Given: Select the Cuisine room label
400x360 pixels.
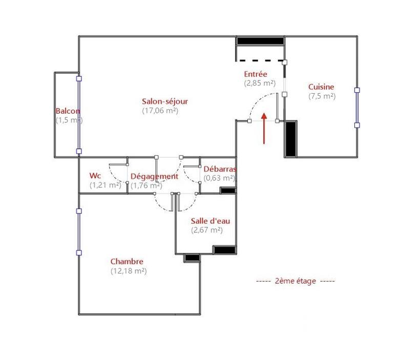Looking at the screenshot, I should tap(321, 87).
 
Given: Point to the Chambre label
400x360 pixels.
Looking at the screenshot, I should tap(127, 262).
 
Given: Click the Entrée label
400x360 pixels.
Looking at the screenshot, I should tap(256, 74).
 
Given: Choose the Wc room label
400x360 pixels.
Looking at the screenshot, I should tap(95, 176).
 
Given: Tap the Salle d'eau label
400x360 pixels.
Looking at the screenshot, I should tap(210, 221).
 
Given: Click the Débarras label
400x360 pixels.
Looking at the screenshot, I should tap(219, 169).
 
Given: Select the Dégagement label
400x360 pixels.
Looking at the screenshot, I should tap(154, 176).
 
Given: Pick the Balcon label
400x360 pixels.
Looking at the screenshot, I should tap(68, 111).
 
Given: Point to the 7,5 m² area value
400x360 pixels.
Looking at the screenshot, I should tap(322, 96).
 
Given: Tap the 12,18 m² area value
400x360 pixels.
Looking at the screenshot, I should tap(128, 271).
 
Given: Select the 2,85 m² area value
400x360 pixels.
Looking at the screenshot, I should tap(260, 82).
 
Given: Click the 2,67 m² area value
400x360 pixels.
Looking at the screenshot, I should tap(207, 230).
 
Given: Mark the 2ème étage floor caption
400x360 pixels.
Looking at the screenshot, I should tap(295, 281).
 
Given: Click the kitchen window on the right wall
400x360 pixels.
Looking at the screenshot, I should tap(357, 108).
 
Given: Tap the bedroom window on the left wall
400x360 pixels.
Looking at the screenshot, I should tap(79, 231).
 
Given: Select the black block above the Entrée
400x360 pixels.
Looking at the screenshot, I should tap(260, 41).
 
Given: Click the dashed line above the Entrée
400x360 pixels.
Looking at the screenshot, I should tap(260, 61).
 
